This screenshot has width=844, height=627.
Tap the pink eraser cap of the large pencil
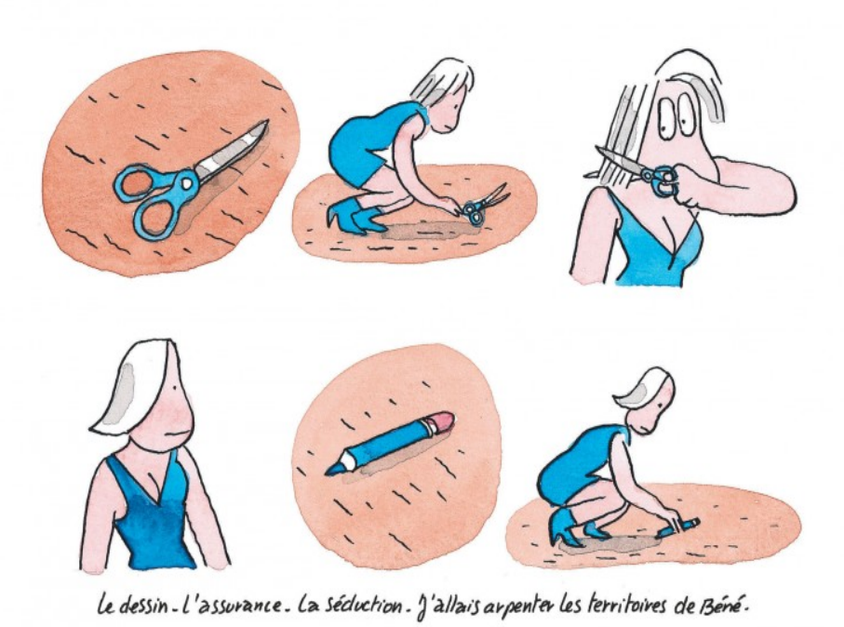(441, 420)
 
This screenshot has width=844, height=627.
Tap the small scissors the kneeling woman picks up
(482, 206)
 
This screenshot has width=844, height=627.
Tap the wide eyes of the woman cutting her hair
(674, 115)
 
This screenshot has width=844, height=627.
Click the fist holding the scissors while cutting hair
(688, 185)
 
